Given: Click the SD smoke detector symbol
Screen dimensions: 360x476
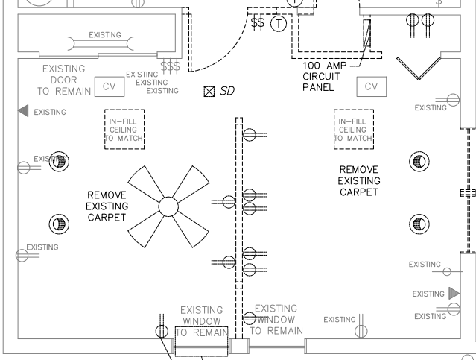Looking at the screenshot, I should tap(209, 92).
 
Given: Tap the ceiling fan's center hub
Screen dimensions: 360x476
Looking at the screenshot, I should tap(168, 206).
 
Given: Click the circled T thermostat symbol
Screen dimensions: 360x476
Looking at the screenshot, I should tap(279, 24).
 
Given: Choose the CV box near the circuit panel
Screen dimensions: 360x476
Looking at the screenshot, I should tap(371, 86).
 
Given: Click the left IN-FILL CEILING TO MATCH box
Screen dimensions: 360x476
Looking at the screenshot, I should tap(123, 130).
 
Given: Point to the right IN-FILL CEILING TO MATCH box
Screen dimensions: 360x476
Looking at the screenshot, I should tap(353, 130).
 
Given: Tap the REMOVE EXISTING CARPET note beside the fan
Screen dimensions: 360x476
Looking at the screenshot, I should tap(107, 206).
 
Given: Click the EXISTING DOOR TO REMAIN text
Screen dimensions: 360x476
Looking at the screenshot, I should tap(63, 80).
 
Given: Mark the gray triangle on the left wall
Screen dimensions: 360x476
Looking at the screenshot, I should tap(23, 111).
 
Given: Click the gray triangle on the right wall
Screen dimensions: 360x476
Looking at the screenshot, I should tap(454, 293).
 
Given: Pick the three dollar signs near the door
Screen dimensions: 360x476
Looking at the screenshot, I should tap(171, 67).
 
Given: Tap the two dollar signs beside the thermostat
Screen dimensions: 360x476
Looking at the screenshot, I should tap(258, 23).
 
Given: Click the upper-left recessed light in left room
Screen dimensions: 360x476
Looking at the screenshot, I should tap(59, 160).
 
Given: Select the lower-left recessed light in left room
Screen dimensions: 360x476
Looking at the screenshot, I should tap(59, 223).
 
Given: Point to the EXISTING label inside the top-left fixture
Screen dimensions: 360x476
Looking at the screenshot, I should tap(104, 35).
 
